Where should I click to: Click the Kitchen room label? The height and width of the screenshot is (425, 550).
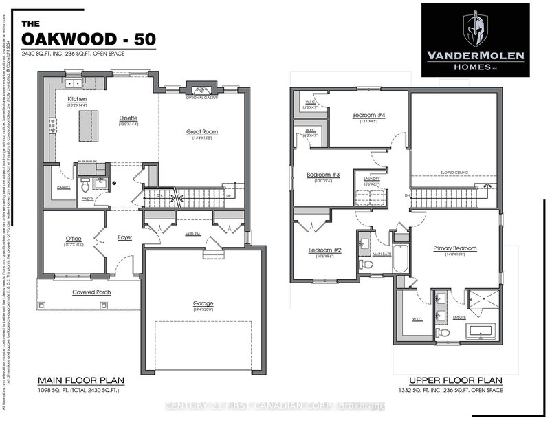(x=77, y=100)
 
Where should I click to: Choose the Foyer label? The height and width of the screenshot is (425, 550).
(x=124, y=238)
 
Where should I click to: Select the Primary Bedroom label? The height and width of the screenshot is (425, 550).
(x=454, y=248)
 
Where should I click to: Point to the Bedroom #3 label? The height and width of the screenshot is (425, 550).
(x=324, y=175)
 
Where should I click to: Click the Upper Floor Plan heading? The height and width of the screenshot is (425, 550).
(x=455, y=380)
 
